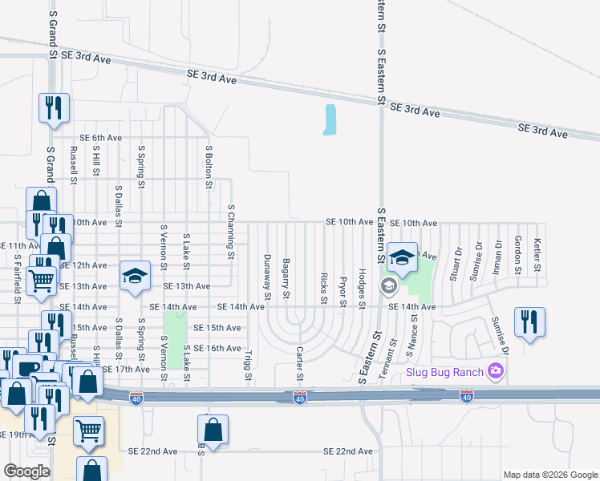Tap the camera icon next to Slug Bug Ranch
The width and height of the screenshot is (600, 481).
pyautogui.click(x=496, y=370)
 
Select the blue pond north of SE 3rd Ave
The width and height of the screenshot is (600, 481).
pyautogui.click(x=330, y=120)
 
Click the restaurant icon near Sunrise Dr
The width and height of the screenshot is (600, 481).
pyautogui.click(x=529, y=322)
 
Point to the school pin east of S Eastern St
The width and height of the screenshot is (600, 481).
pyautogui.click(x=403, y=257)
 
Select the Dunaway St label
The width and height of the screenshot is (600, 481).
pyautogui.click(x=268, y=273)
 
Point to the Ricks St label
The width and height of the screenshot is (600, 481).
pyautogui.click(x=324, y=289)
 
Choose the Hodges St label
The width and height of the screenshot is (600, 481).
pyautogui.click(x=363, y=289)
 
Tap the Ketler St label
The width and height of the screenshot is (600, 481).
pyautogui.click(x=538, y=253)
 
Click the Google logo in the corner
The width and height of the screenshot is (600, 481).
pyautogui.click(x=26, y=471)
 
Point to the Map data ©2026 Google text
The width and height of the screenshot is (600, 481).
pyautogui.click(x=549, y=475)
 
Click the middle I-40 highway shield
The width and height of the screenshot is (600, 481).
pyautogui.click(x=299, y=398)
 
